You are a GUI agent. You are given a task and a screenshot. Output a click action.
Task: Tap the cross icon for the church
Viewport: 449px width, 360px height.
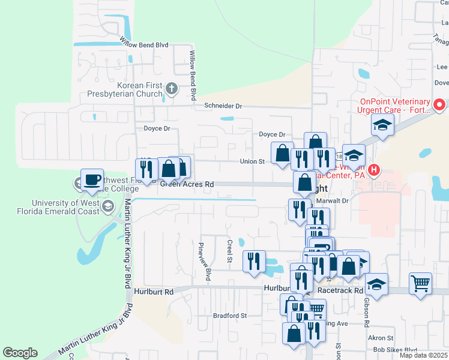pos(172,90)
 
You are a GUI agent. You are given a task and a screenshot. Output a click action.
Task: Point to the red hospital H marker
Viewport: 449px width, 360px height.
pos(374,170)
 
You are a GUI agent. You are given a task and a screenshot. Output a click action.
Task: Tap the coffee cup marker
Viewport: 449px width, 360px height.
pos(91,179)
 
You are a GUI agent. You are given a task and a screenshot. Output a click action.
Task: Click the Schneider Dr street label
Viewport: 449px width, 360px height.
pos(223,106)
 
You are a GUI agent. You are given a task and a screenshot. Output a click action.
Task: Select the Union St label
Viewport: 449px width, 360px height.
pos(252,161)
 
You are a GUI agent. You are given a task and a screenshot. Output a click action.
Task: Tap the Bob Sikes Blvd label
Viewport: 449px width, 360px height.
pos(394,350)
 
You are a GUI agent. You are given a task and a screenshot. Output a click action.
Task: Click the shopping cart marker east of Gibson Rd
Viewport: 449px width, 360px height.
pos(420,282)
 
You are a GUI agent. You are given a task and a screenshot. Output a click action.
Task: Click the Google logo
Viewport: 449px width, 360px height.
pos(20,353)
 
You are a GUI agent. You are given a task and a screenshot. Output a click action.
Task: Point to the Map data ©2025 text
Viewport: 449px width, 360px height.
pos(425,355)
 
